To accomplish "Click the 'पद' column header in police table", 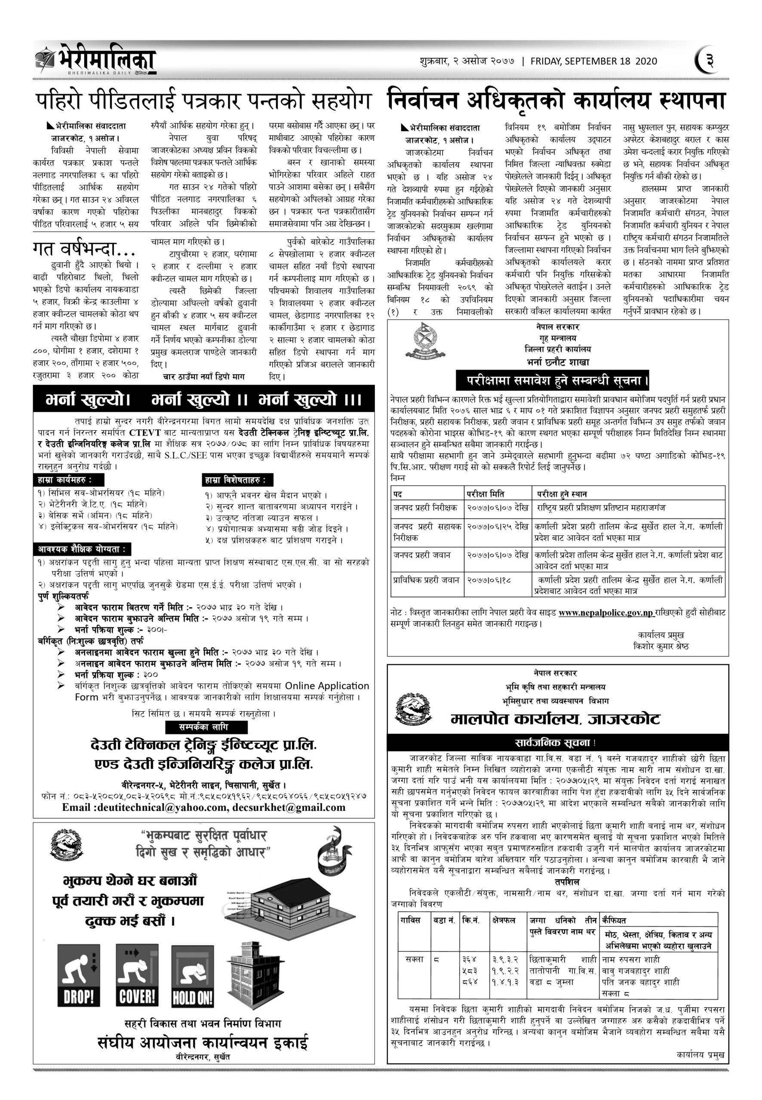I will (x=398, y=494).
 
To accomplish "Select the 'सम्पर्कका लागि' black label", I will (x=206, y=727).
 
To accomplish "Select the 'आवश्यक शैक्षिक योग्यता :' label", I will (x=82, y=549).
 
